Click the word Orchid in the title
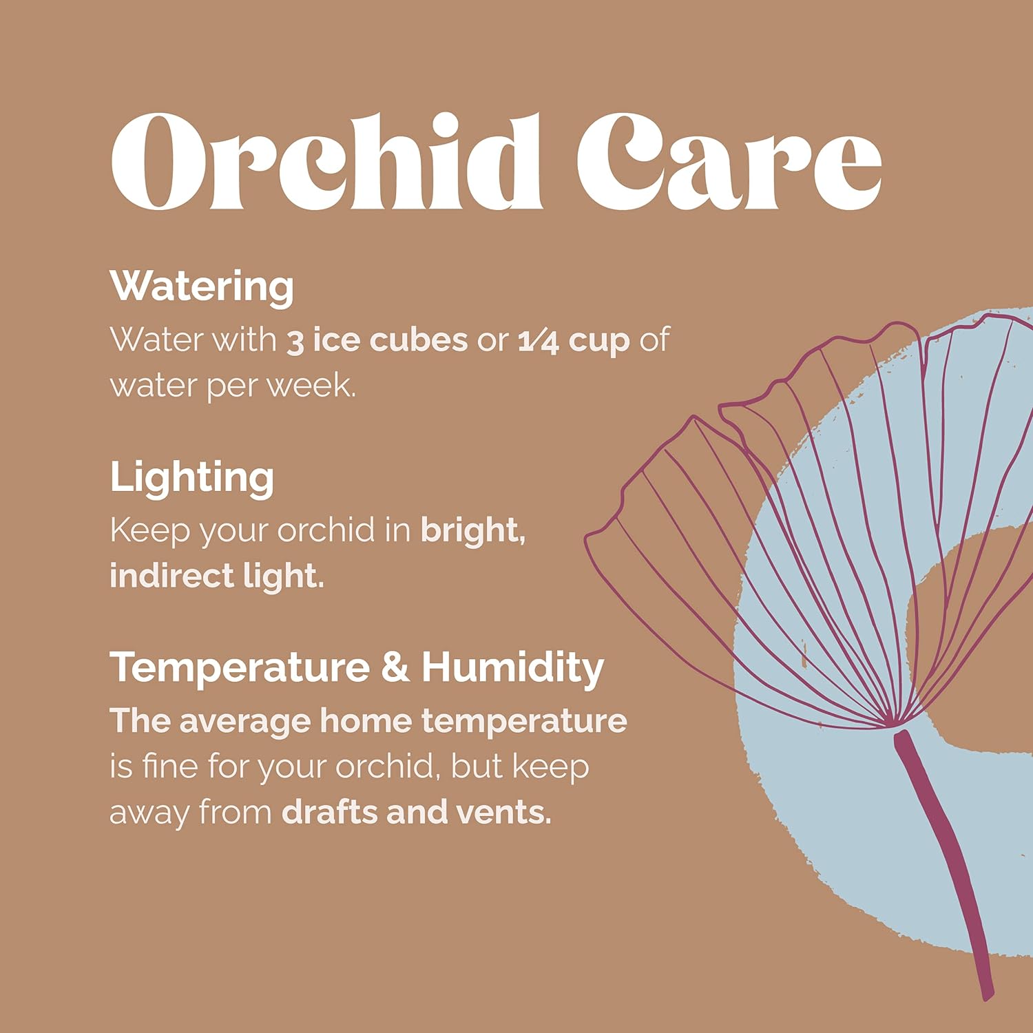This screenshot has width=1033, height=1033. point(327,162)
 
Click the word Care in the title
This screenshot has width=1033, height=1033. point(729,162)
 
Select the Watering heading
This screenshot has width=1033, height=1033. point(202,286)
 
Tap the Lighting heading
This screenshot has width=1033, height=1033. point(192,477)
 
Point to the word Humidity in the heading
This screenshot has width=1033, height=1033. point(513,668)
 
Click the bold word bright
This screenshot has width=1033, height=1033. point(473,531)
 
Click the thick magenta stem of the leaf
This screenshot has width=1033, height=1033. point(946,861)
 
